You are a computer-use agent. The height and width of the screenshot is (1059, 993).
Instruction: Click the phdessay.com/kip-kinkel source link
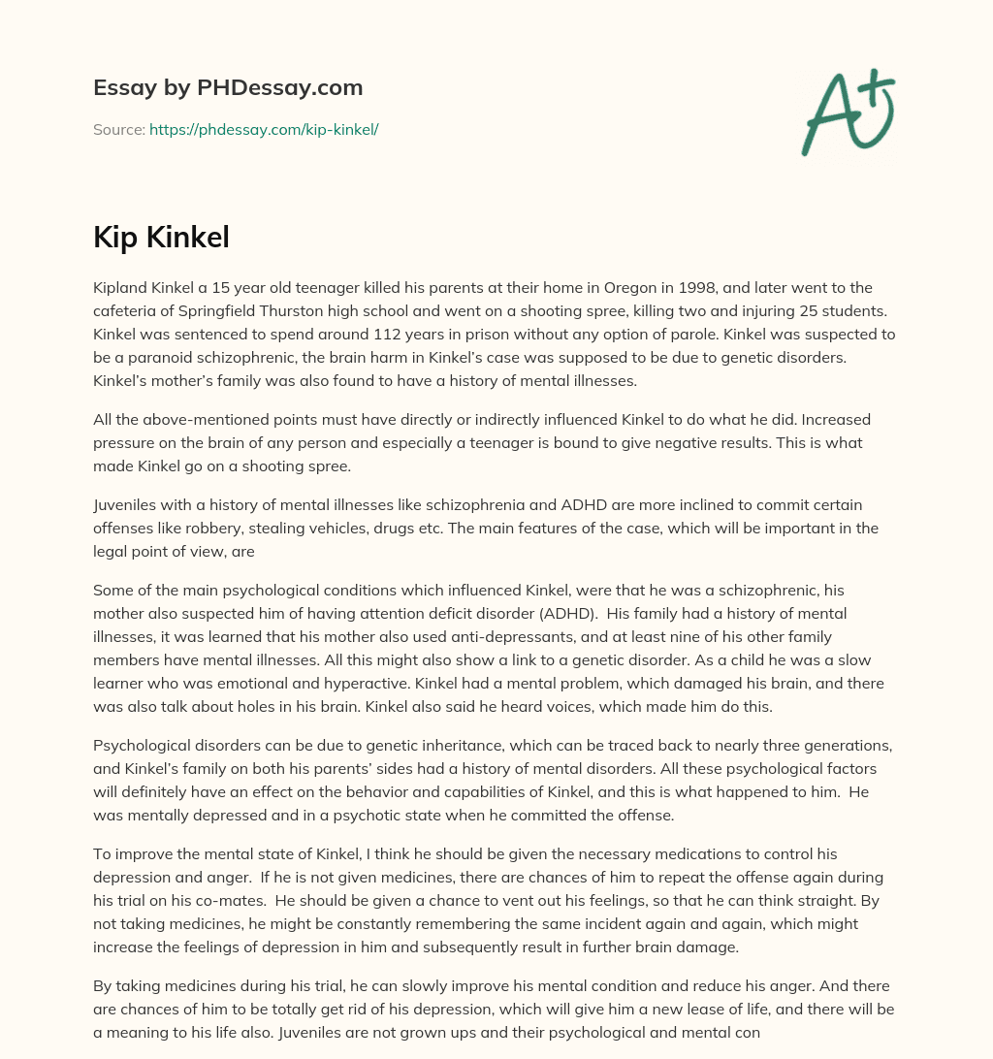tap(263, 129)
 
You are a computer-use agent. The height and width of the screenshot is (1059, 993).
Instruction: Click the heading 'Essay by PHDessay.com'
tap(228, 87)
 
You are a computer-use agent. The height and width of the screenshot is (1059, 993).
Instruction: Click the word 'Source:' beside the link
tap(118, 129)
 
